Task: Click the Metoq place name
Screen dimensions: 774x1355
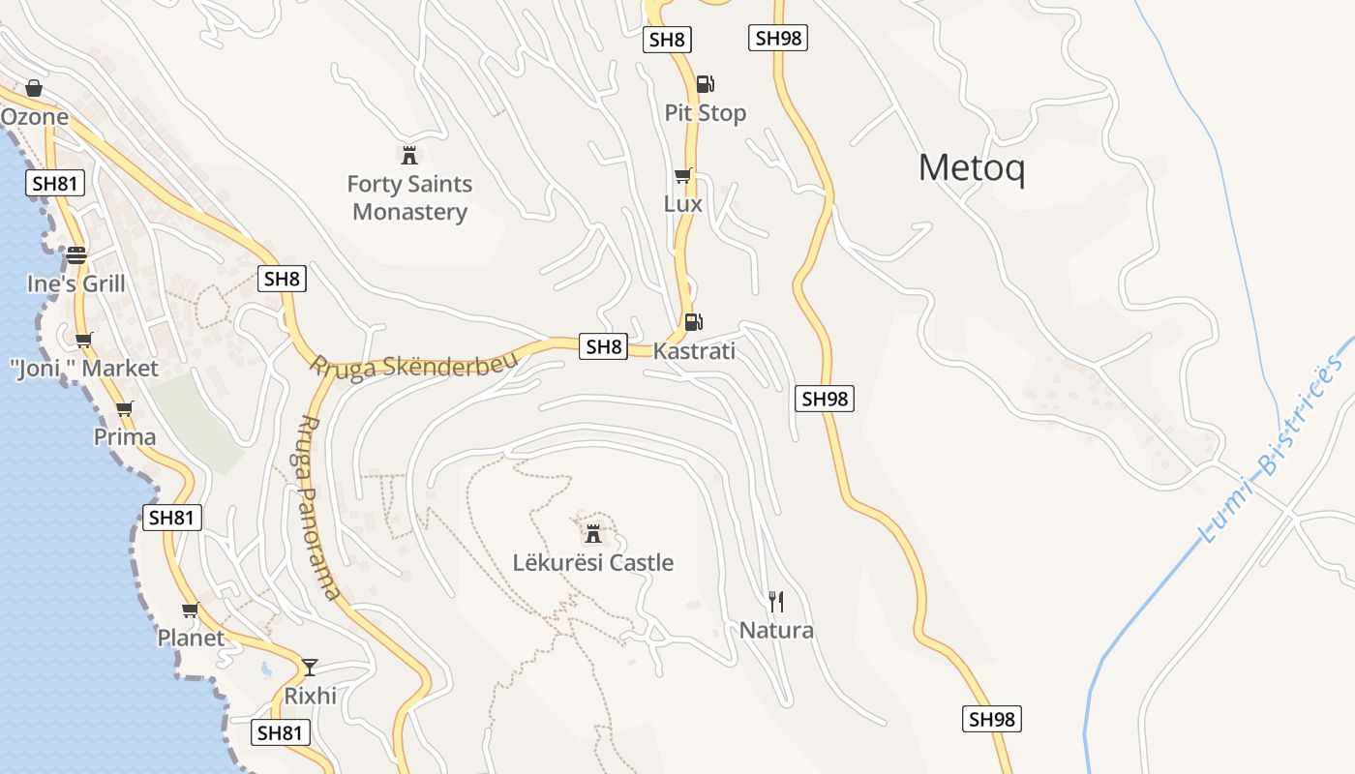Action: pos(971,168)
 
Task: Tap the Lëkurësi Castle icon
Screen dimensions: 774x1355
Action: pos(593,533)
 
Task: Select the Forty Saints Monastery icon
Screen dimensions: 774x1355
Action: pos(409,155)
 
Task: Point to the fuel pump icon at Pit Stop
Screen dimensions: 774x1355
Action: pos(706,84)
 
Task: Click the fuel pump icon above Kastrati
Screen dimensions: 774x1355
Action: pos(693,321)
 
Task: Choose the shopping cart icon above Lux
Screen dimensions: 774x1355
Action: pos(683,176)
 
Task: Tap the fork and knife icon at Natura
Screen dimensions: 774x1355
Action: pos(775,602)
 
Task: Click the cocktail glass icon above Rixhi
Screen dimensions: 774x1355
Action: pos(310,667)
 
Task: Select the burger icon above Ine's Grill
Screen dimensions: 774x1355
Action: pos(76,255)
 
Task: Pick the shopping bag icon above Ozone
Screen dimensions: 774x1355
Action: pos(34,89)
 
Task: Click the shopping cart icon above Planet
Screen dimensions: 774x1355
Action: pos(191,610)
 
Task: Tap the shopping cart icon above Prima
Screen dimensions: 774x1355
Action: pos(124,409)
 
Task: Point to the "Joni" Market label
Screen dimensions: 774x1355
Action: pos(83,369)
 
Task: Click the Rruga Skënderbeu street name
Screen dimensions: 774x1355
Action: pos(413,365)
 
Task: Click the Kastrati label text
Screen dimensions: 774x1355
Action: pos(694,351)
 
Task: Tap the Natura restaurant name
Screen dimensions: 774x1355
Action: pos(776,631)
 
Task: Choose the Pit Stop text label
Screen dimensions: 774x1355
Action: pos(706,113)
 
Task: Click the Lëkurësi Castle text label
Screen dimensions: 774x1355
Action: pos(593,563)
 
